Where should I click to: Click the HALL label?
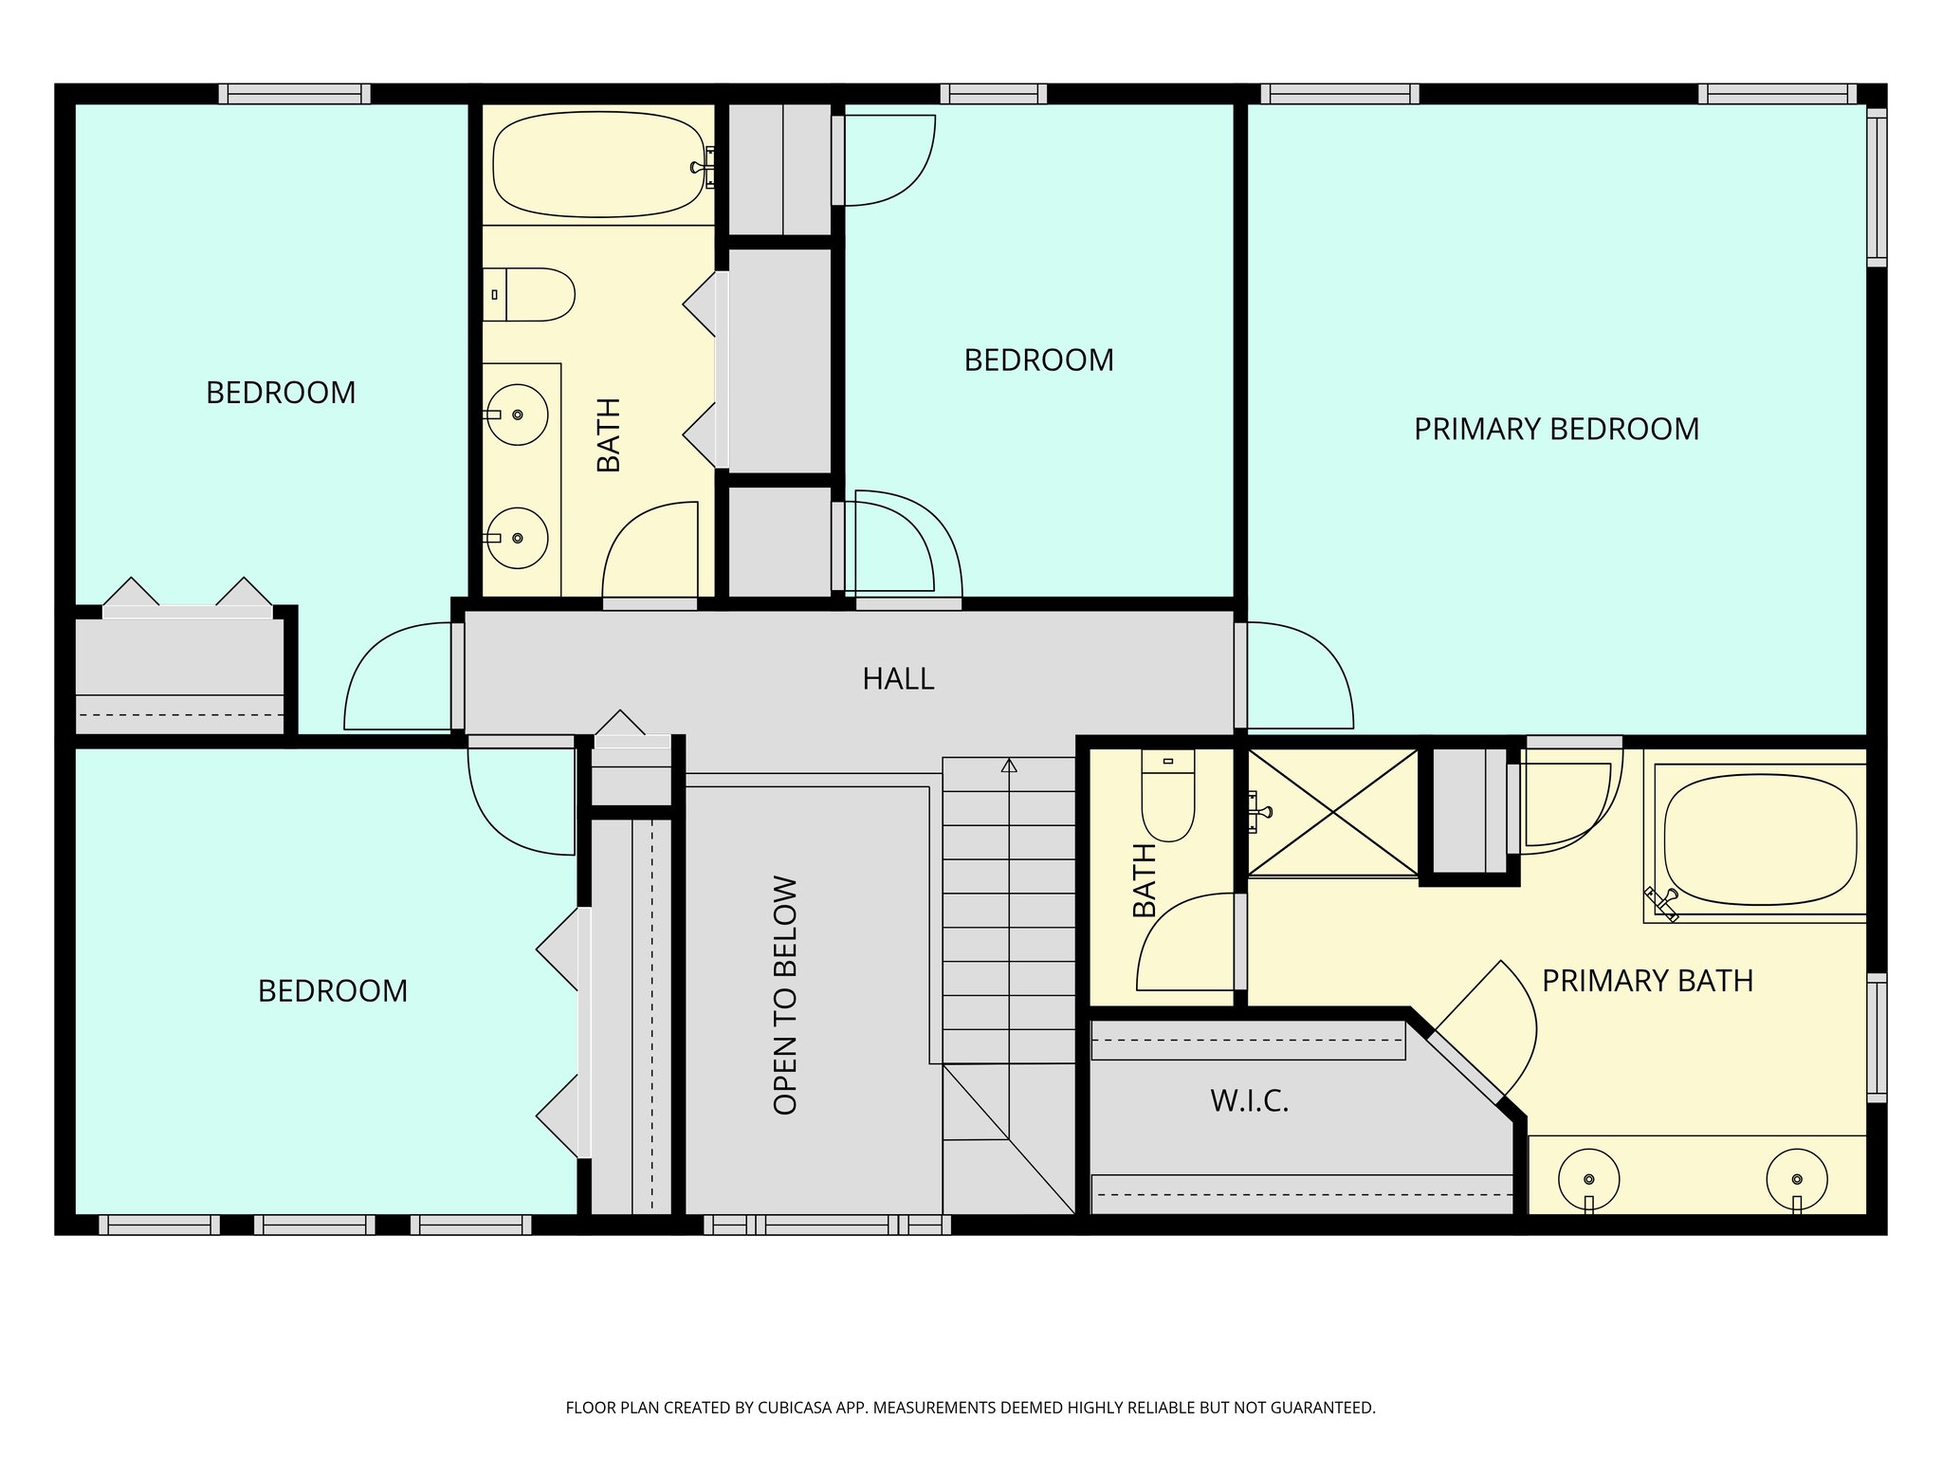[x=898, y=679]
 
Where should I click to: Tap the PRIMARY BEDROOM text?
[x=1556, y=430]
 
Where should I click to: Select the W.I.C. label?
[x=1250, y=1101]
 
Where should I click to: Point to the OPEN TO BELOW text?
[x=785, y=995]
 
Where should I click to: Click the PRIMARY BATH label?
[x=1647, y=981]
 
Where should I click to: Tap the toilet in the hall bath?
[x=528, y=294]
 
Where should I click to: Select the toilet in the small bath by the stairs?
[x=1167, y=795]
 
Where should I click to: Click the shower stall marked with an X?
[x=1332, y=812]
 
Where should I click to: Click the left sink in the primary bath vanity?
[x=1588, y=1179]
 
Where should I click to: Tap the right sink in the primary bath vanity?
[x=1797, y=1179]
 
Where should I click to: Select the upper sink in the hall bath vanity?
[x=516, y=415]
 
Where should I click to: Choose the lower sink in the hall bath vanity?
[x=516, y=538]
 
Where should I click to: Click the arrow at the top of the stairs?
[x=1009, y=765]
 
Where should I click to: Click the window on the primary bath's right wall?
[x=1877, y=1038]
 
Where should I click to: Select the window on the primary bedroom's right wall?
[x=1877, y=187]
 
